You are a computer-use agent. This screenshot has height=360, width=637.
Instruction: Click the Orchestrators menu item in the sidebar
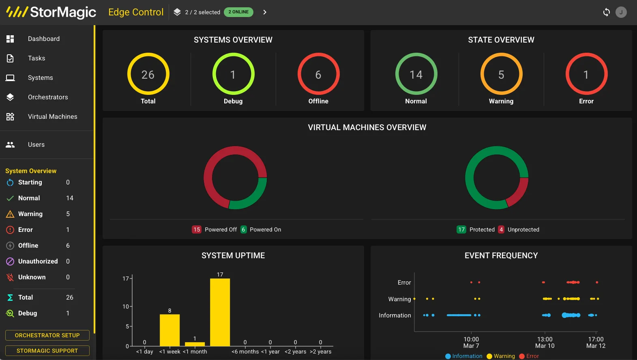(47, 97)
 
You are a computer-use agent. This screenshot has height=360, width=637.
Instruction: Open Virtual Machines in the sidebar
(52, 117)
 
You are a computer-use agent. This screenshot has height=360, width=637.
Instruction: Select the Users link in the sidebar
(36, 145)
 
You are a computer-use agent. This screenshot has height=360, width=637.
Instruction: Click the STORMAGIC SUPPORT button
(47, 351)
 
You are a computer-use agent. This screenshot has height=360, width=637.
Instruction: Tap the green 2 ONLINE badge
(238, 12)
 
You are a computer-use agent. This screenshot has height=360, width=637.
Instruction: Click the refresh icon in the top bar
(606, 12)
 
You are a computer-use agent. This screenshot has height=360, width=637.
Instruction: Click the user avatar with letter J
(621, 12)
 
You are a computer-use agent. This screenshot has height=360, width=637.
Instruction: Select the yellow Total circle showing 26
(148, 75)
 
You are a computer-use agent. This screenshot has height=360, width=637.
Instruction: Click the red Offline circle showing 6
(318, 75)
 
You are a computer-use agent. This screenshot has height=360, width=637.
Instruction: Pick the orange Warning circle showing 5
(501, 75)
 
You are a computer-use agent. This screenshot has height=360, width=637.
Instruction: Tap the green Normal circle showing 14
(416, 75)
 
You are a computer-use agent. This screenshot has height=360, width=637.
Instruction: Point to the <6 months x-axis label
(245, 351)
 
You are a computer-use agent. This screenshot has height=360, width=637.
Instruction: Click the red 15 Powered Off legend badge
(197, 229)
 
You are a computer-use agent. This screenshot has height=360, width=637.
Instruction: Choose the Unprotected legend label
(523, 229)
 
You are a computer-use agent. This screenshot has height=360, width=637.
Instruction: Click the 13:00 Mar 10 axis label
(545, 343)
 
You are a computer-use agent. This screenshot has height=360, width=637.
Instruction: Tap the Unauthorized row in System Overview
(38, 261)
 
